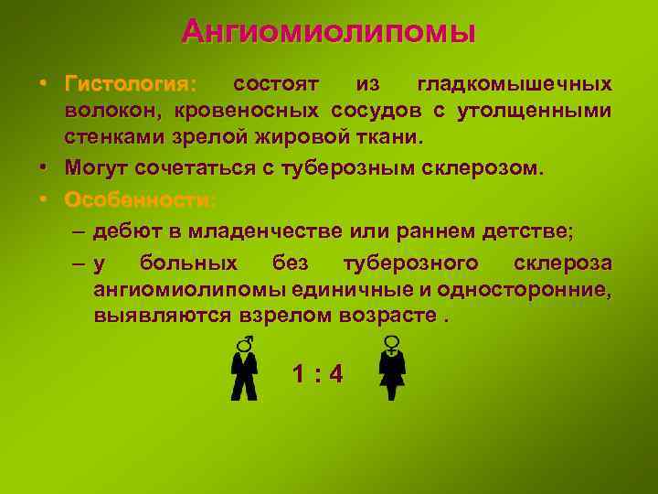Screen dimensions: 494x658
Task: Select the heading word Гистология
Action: click(x=129, y=85)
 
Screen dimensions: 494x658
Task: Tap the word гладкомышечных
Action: click(x=515, y=85)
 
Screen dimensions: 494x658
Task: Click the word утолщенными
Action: click(x=538, y=112)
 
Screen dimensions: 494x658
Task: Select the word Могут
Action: click(x=97, y=168)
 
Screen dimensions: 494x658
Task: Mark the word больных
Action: click(x=188, y=264)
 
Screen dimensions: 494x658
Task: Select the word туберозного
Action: click(x=410, y=264)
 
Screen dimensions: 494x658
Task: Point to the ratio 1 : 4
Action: click(x=317, y=374)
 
